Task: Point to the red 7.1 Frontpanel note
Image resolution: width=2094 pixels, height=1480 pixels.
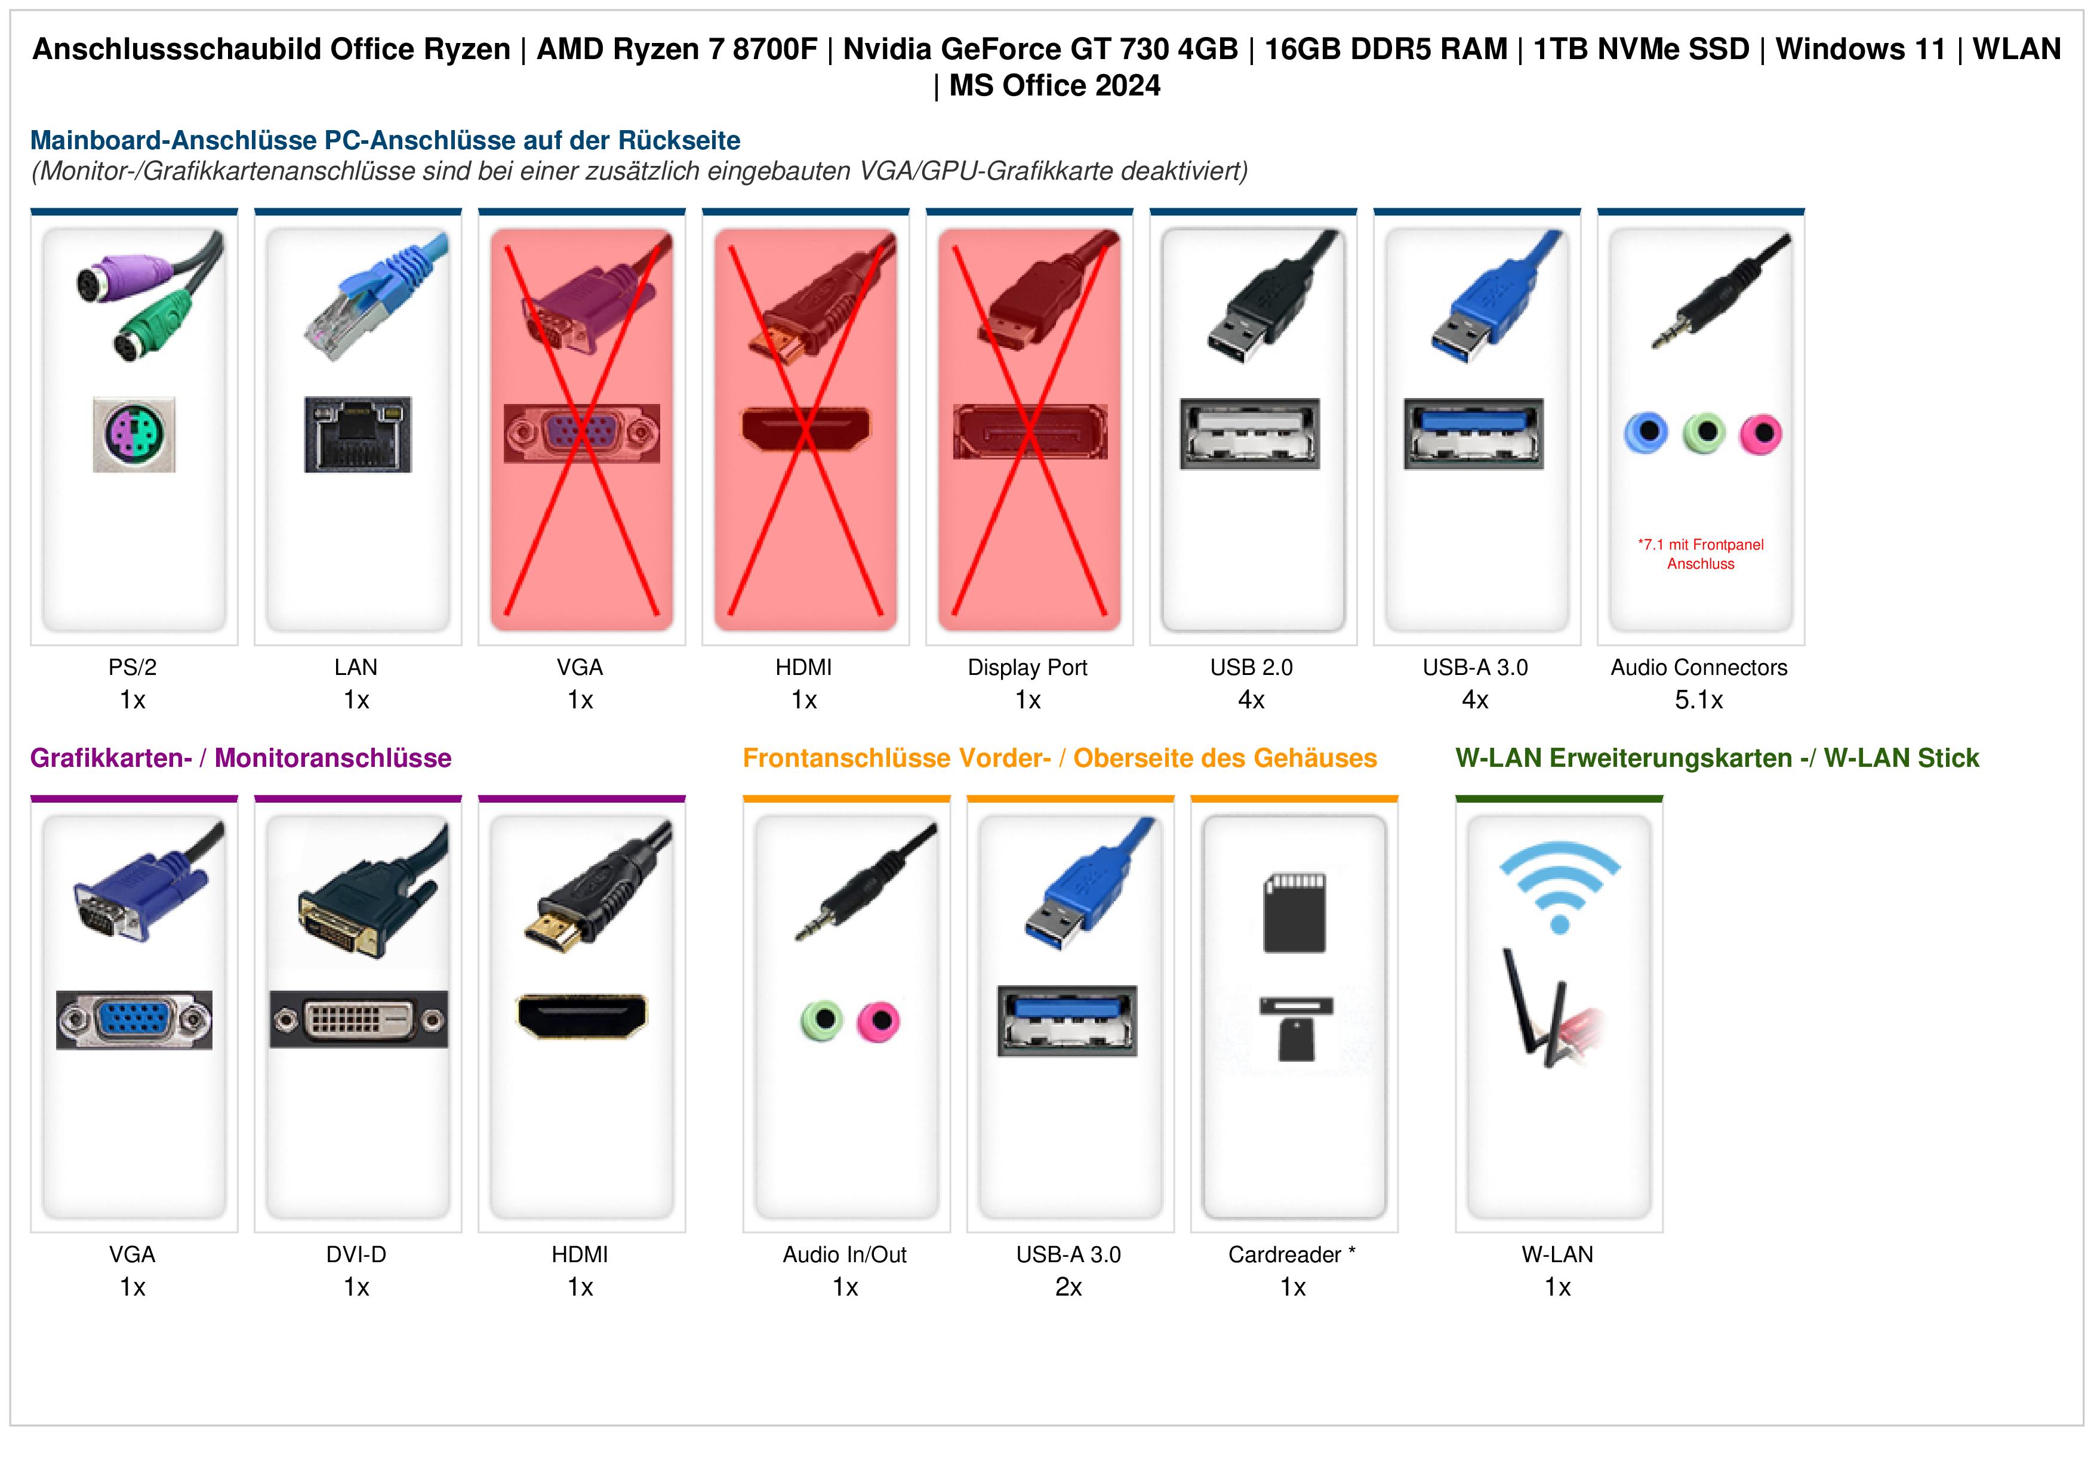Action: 1700,554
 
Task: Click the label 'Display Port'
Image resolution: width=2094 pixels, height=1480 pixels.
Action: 1028,668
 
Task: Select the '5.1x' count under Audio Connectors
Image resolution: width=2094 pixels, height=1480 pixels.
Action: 1699,701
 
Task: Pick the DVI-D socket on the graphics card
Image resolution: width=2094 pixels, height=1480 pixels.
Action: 358,1019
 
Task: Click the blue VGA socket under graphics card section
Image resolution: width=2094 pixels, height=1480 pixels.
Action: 134,1019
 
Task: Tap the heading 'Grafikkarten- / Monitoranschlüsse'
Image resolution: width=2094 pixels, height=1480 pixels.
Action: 241,758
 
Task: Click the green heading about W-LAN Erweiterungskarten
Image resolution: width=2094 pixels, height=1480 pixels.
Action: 1717,758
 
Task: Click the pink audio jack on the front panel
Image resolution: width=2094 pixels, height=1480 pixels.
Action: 878,1020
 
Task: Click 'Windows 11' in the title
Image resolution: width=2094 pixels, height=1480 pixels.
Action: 1861,50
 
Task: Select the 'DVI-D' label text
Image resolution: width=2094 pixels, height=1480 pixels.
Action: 356,1255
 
